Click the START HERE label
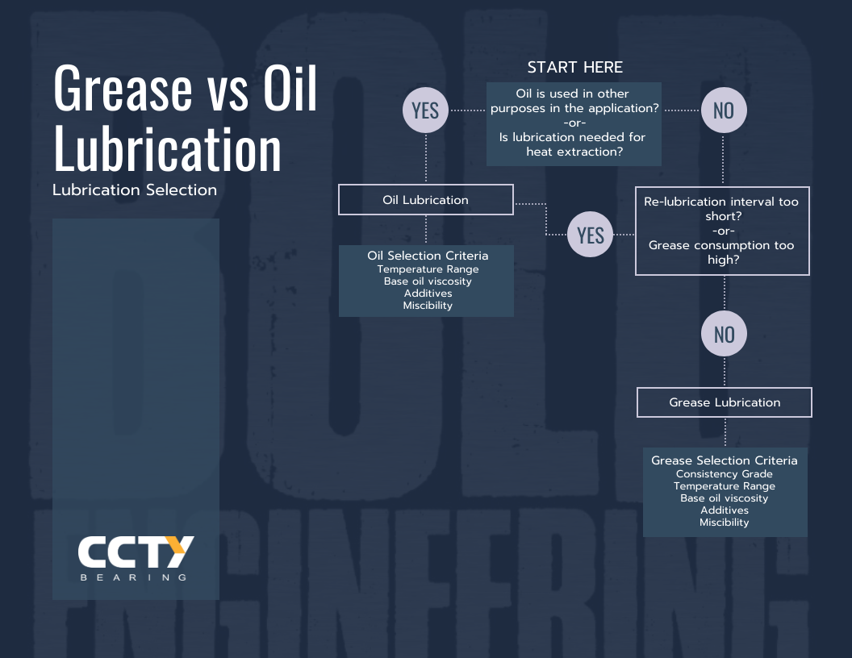click(574, 67)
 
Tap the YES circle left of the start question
click(425, 110)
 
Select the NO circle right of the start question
click(723, 110)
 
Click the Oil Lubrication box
click(425, 200)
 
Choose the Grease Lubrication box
click(724, 402)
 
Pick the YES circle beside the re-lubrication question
click(591, 235)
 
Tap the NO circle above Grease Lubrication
click(724, 334)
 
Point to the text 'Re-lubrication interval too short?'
click(721, 209)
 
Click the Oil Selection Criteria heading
click(428, 256)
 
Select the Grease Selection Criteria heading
click(725, 460)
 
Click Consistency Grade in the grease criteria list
click(725, 474)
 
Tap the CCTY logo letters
click(136, 552)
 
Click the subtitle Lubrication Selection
click(135, 190)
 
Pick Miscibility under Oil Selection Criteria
click(428, 306)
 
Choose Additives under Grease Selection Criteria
click(725, 510)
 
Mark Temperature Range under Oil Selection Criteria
click(428, 269)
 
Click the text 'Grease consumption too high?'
click(721, 252)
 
